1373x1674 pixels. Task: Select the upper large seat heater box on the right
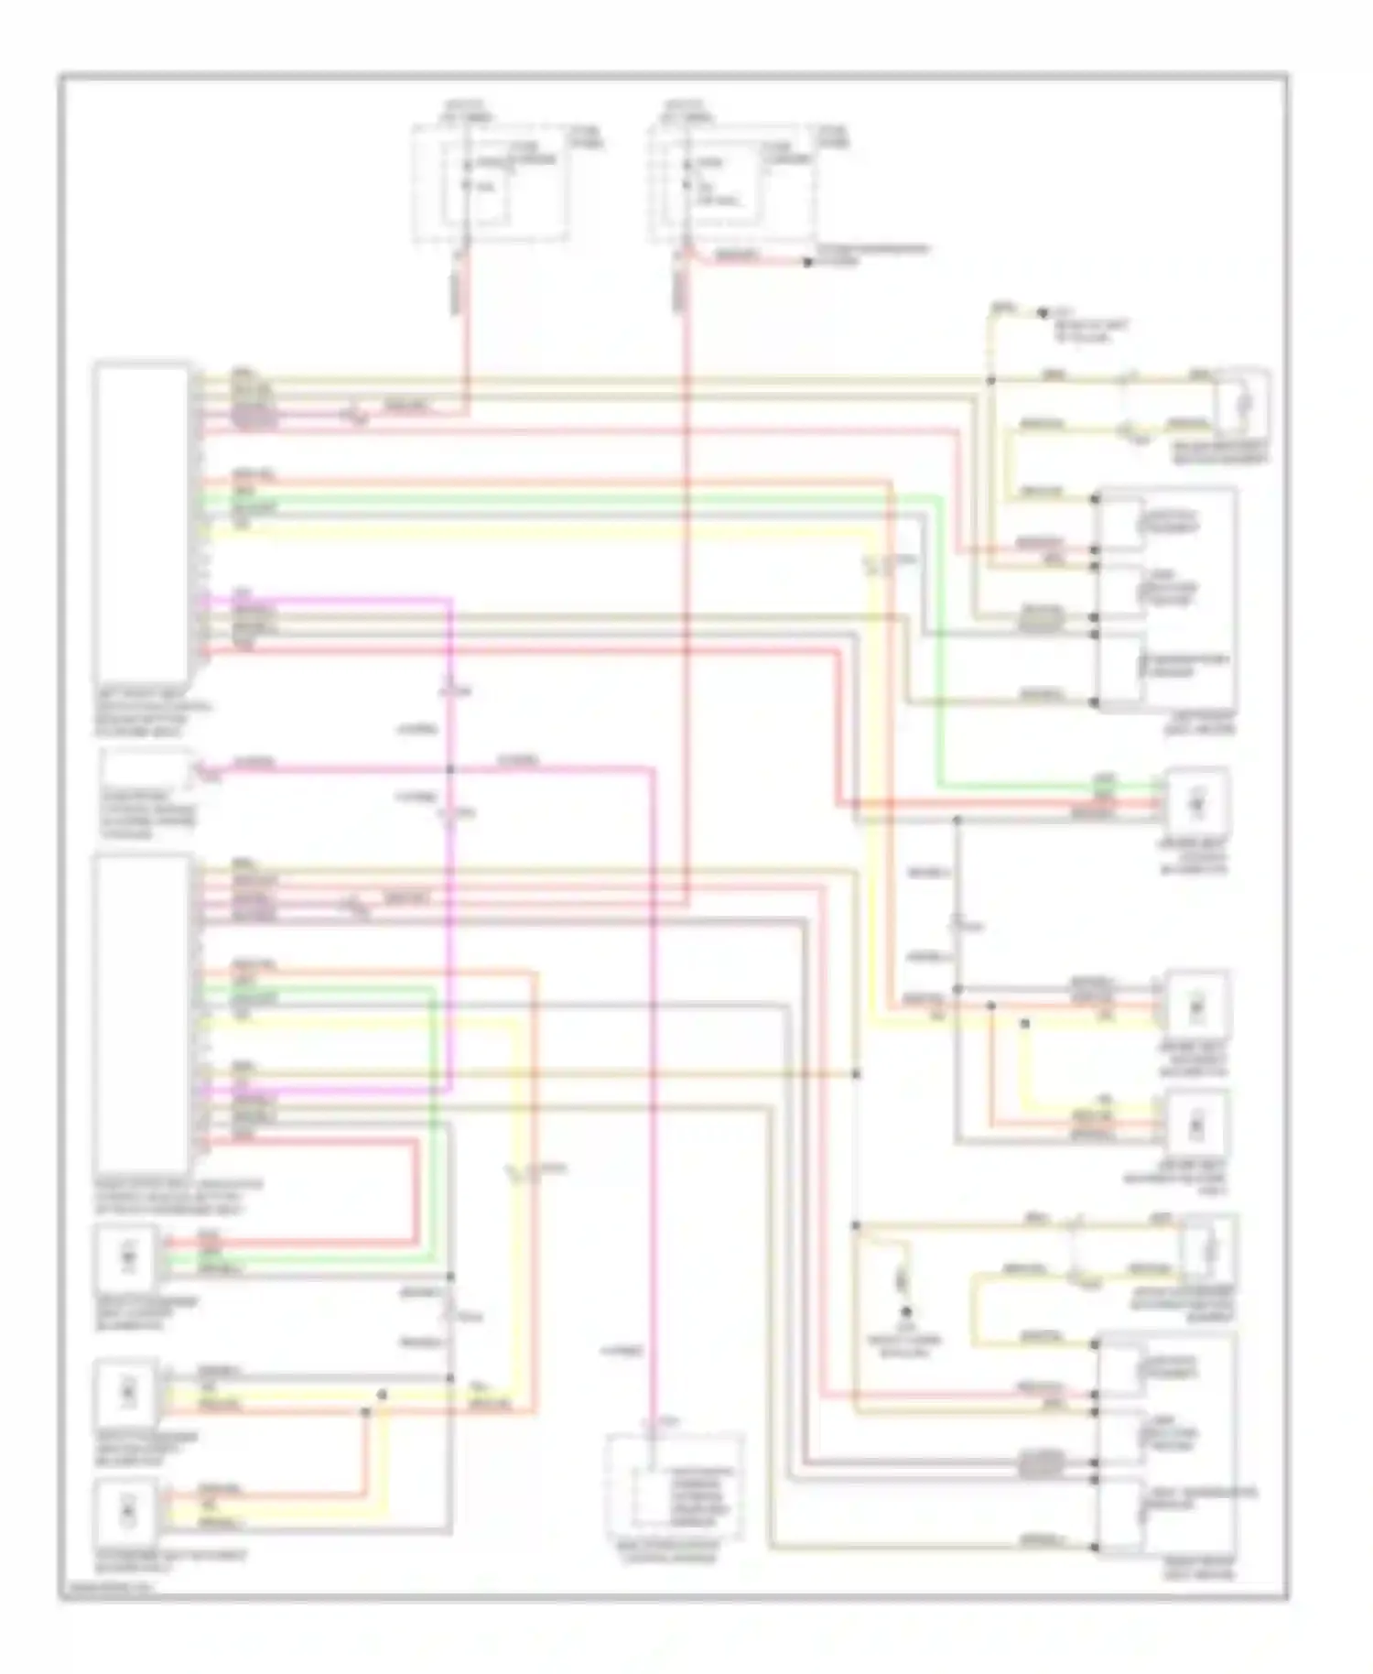pos(1167,600)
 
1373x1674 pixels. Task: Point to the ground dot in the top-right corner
pos(1042,312)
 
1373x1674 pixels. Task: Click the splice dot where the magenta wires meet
pos(450,769)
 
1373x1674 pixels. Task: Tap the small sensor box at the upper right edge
pos(1242,404)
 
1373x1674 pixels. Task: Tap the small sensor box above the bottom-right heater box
pos(1209,1248)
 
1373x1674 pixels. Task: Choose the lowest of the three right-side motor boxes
pos(1195,1126)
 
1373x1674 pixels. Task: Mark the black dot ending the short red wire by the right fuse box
pos(807,263)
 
